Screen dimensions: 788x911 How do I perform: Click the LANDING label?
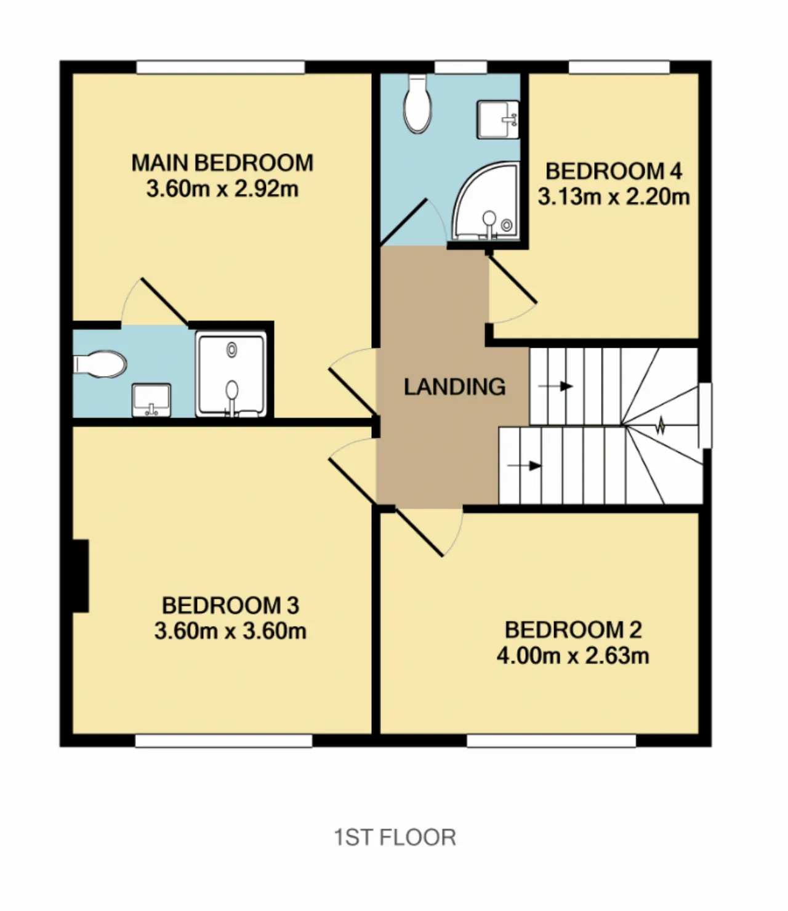pos(454,387)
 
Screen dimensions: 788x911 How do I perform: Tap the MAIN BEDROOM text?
pos(222,163)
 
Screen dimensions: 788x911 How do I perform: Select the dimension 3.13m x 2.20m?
pos(614,196)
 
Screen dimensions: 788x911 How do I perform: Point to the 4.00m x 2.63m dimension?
pos(573,656)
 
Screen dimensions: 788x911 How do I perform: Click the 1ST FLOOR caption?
pos(395,837)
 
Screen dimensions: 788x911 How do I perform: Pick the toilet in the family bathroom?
pos(417,103)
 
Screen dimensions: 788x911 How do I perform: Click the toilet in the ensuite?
pos(100,364)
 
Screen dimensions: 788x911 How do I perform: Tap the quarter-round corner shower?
pos(486,202)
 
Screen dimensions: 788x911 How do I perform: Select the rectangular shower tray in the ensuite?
pos(231,375)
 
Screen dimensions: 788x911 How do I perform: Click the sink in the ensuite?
pos(151,399)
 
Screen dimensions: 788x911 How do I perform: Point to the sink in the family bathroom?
pos(499,119)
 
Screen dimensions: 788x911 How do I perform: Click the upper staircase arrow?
pos(555,387)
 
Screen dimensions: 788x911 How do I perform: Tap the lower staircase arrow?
pos(525,465)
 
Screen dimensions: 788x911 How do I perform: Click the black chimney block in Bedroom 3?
pos(81,576)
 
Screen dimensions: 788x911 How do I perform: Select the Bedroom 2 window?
pos(552,741)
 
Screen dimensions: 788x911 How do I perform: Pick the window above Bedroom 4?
pos(619,68)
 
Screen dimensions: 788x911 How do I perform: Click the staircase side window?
pos(705,415)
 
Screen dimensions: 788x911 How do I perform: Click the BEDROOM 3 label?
pos(230,605)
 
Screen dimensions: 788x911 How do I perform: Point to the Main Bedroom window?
pos(221,68)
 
